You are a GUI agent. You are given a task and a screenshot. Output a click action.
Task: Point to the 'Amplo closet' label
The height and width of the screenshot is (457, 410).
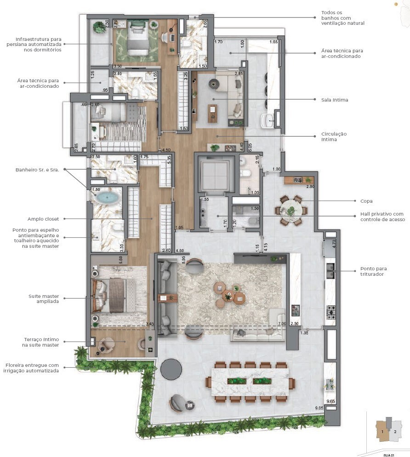(x=43, y=219)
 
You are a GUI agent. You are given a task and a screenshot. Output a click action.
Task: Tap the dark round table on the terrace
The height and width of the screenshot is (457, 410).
(x=171, y=369)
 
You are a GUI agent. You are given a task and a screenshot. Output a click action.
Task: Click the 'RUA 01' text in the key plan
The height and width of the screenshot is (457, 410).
(x=389, y=455)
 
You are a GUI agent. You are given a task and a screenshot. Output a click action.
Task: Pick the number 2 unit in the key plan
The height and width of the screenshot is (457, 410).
(x=395, y=432)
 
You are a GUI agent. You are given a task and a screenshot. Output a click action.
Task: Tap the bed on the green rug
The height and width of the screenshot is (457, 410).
(x=136, y=40)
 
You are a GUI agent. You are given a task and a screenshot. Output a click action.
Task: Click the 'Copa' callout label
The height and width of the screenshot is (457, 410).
(x=366, y=201)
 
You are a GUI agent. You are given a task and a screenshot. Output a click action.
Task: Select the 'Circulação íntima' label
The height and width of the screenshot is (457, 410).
(x=334, y=137)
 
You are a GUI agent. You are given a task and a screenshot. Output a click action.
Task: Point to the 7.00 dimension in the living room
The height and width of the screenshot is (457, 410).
(x=282, y=324)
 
